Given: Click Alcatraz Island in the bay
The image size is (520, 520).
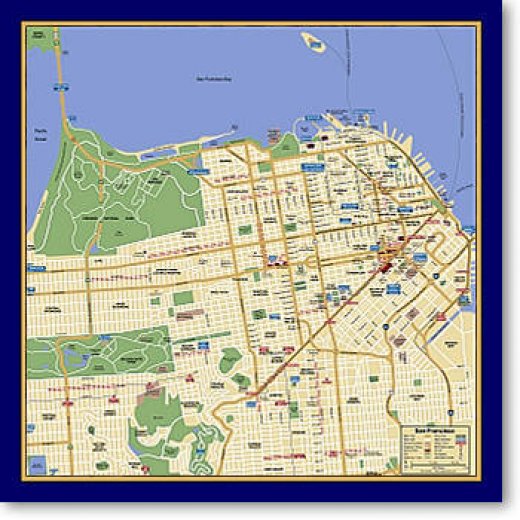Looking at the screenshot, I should point(313,42).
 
